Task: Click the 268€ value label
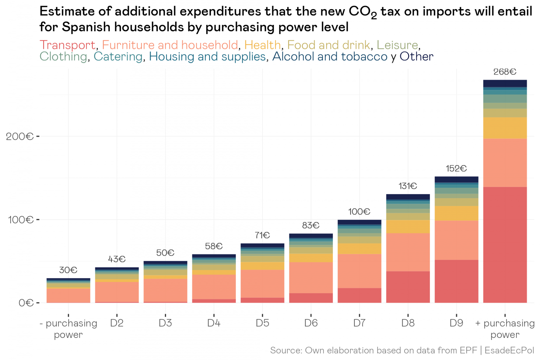[504, 72]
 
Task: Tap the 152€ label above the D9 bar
[456, 169]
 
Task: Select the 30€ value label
[68, 270]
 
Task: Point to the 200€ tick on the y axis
[20, 136]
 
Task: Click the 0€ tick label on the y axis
[26, 303]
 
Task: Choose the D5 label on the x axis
[262, 323]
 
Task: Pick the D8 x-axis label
[408, 323]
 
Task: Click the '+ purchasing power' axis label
[505, 329]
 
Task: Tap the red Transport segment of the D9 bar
[456, 281]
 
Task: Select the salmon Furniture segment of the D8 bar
[408, 252]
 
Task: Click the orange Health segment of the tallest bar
[505, 128]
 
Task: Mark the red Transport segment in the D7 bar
[359, 295]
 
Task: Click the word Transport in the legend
[67, 45]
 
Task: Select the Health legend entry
[262, 45]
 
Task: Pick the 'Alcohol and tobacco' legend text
[329, 57]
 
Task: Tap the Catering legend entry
[118, 57]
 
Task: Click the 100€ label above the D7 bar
[359, 212]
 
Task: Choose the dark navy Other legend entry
[416, 57]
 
